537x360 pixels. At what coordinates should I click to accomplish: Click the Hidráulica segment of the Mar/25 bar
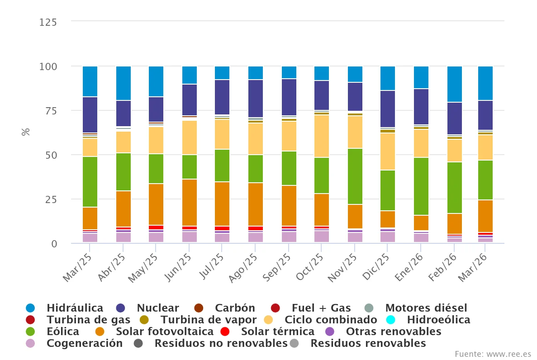click(x=90, y=81)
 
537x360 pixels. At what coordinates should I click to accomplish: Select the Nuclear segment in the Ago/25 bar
click(x=256, y=99)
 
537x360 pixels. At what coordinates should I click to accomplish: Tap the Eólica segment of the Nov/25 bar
click(x=355, y=176)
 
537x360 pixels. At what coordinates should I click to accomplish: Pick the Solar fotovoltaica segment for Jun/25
click(x=190, y=202)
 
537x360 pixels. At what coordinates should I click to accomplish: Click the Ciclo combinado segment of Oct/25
click(x=322, y=136)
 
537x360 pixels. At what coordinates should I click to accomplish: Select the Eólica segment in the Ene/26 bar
click(x=421, y=186)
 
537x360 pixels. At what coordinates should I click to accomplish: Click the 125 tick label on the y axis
click(x=48, y=22)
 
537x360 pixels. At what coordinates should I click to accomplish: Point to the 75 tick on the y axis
click(x=51, y=111)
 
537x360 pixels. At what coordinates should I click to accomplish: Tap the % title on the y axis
click(x=26, y=132)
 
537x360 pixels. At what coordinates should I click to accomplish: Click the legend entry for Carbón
click(x=235, y=308)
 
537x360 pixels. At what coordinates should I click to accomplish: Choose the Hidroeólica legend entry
click(x=438, y=320)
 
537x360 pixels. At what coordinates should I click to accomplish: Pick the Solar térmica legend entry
click(x=277, y=332)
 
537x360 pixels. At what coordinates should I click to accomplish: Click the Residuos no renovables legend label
click(x=221, y=343)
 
